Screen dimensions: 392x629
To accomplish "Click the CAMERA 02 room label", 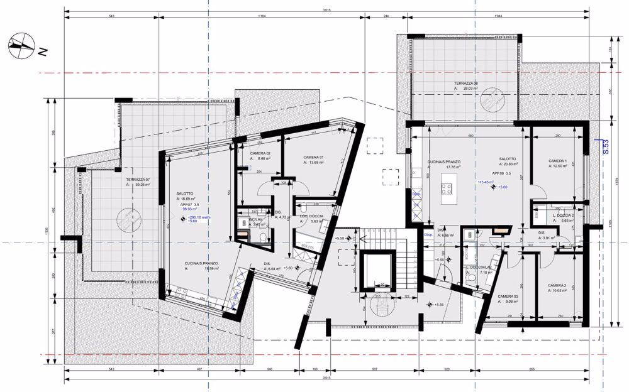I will (x=260, y=154).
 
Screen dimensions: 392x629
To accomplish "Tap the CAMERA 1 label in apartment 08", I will (x=557, y=161).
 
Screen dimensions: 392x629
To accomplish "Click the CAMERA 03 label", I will (x=508, y=296).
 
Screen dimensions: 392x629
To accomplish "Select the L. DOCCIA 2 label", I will (x=564, y=215).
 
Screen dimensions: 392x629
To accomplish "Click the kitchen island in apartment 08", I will (x=448, y=185).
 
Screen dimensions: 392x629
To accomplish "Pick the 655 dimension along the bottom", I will (x=530, y=369).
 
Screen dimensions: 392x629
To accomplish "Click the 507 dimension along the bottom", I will (x=374, y=369).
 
